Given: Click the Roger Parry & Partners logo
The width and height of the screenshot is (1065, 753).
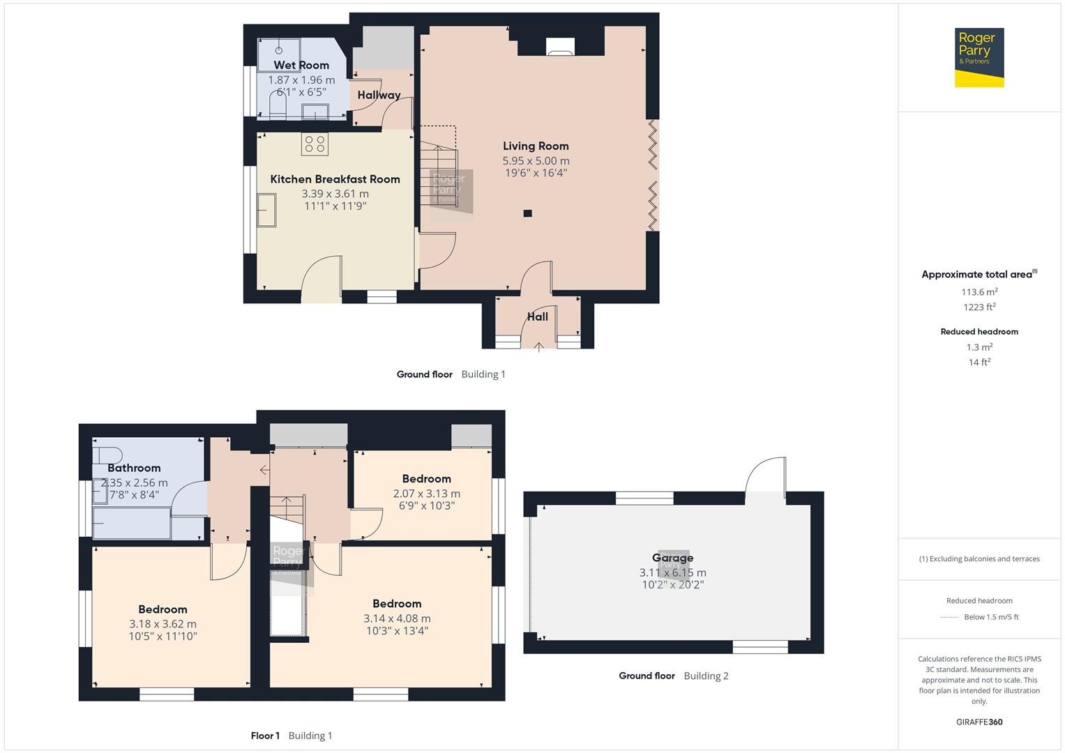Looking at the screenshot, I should pyautogui.click(x=979, y=57).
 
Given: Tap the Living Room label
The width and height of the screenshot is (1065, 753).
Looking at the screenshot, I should pyautogui.click(x=536, y=146).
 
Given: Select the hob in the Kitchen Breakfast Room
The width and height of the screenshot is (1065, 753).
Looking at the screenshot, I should pyautogui.click(x=315, y=144).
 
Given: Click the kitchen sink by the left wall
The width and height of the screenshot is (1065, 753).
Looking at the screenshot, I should pyautogui.click(x=266, y=210).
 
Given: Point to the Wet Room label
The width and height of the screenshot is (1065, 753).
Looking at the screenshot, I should pyautogui.click(x=301, y=65).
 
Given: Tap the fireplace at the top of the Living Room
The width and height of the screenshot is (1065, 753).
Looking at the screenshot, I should pyautogui.click(x=559, y=47).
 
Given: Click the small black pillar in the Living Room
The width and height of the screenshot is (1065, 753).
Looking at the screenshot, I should pyautogui.click(x=528, y=213).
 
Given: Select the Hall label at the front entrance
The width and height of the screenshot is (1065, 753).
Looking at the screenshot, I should pyautogui.click(x=537, y=317).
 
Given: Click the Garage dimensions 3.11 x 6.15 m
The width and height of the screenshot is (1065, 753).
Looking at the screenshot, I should pyautogui.click(x=672, y=572).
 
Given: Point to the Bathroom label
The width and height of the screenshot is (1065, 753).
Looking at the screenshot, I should pyautogui.click(x=134, y=468).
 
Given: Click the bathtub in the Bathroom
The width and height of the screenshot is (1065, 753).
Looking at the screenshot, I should pyautogui.click(x=132, y=524).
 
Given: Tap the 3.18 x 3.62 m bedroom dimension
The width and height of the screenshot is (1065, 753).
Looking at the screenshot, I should pyautogui.click(x=163, y=624).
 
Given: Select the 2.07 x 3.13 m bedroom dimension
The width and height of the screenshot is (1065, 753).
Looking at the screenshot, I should pyautogui.click(x=426, y=494).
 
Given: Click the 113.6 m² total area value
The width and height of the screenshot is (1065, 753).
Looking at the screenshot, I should pyautogui.click(x=979, y=292).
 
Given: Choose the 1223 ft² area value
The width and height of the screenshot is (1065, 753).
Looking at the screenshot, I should pyautogui.click(x=979, y=307).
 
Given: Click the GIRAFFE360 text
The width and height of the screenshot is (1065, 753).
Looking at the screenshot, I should pyautogui.click(x=979, y=722).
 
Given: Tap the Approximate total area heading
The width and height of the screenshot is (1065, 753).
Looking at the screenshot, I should pyautogui.click(x=978, y=275).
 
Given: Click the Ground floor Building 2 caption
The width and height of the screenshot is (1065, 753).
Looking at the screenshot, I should pyautogui.click(x=673, y=676).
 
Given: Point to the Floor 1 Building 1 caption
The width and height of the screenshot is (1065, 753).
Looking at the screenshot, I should pyautogui.click(x=292, y=736).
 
